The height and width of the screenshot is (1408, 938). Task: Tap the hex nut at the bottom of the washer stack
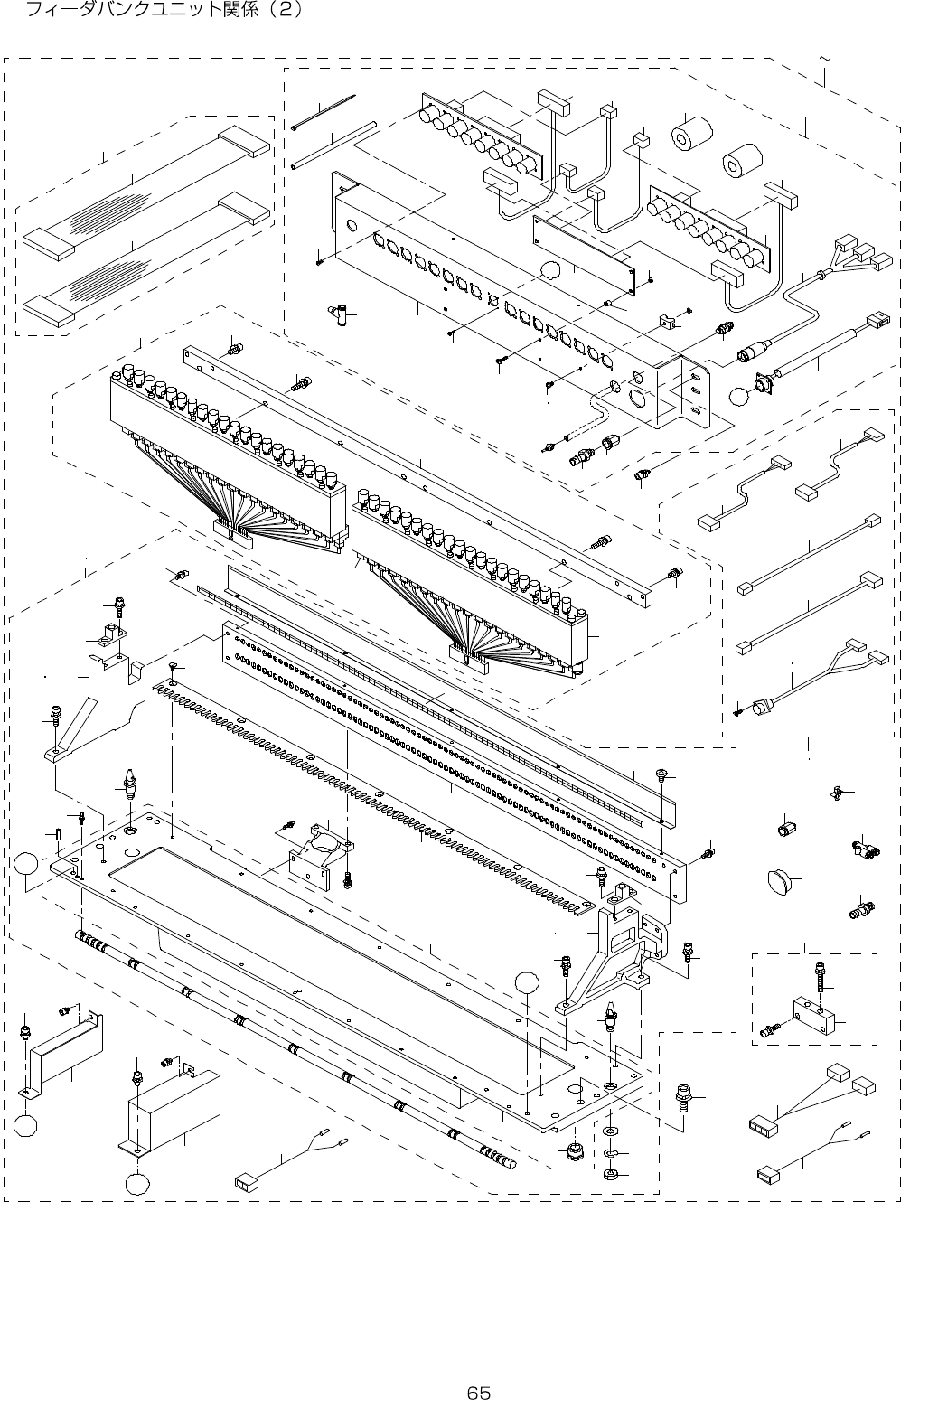(610, 1175)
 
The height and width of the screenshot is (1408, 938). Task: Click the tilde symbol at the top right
(824, 59)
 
